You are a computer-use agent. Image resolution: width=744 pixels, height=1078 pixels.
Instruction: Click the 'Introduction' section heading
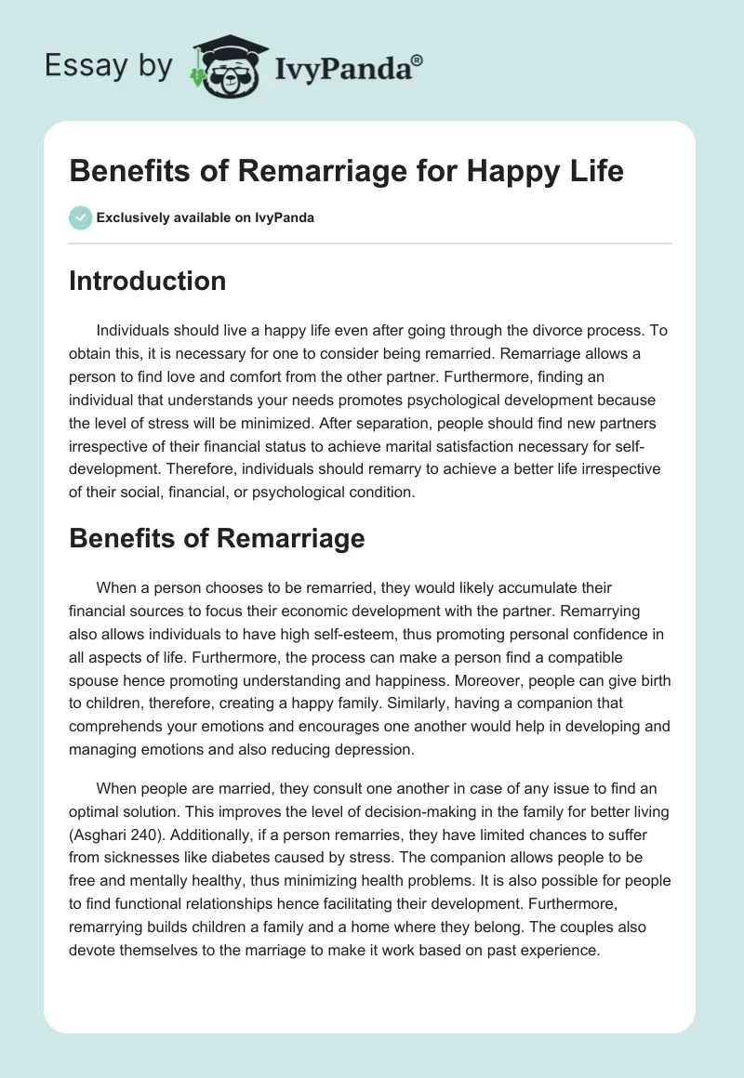[x=147, y=281]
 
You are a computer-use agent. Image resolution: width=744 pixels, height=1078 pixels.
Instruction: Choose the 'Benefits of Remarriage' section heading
[x=217, y=538]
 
